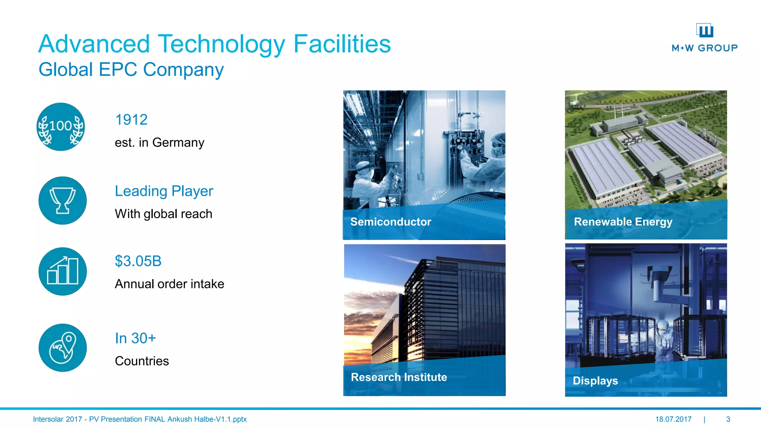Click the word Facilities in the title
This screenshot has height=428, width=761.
(342, 44)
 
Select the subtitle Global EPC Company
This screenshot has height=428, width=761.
(131, 69)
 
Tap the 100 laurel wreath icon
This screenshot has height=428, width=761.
(61, 127)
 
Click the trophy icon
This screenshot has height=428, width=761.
(62, 201)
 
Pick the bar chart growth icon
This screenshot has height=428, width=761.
(62, 272)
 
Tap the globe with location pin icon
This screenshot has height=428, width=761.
(62, 348)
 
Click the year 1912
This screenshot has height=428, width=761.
(131, 120)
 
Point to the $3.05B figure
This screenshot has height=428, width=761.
(138, 261)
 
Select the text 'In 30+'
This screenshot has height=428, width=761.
(135, 338)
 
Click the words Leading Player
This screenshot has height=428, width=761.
(164, 191)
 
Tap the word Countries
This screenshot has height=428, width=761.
(142, 361)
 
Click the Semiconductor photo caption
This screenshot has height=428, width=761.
(391, 222)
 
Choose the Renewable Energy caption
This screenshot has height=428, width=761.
(623, 222)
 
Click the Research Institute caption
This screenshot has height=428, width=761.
(399, 377)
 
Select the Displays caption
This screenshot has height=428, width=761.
(595, 381)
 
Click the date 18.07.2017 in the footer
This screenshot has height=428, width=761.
(673, 419)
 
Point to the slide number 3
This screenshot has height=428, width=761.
(728, 419)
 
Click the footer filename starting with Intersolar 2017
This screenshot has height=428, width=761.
(140, 419)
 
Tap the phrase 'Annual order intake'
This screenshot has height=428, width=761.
(169, 284)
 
